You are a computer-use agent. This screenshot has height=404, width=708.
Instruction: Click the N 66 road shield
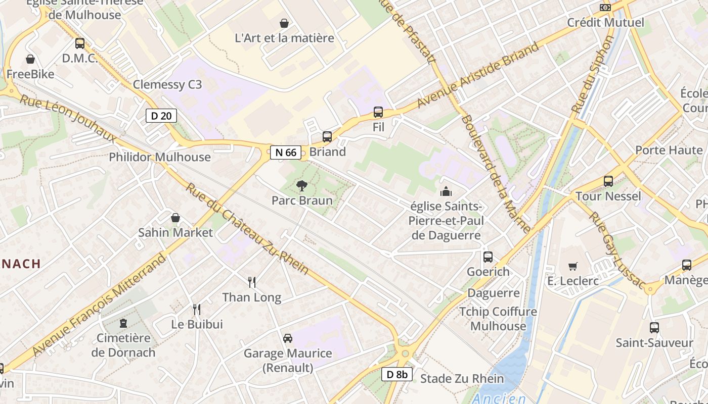pos(286,152)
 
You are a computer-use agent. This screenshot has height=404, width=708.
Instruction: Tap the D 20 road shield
pos(161,116)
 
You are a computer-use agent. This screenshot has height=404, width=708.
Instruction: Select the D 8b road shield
pos(397,374)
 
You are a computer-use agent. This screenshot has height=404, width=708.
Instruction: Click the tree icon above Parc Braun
pos(302,185)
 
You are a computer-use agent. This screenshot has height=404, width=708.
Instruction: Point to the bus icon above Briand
pos(327,136)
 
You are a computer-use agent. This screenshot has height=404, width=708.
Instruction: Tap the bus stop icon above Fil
pos(378,112)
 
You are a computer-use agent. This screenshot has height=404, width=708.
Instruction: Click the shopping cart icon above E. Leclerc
pos(573,266)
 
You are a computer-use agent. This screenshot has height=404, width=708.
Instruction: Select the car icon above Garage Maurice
pos(288,338)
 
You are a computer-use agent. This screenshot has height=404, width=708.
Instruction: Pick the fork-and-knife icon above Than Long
pos(252,282)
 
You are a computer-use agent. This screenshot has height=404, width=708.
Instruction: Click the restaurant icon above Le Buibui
pos(197,309)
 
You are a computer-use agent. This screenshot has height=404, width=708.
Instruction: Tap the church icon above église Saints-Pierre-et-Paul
pos(446,191)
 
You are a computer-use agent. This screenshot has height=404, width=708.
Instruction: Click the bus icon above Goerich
pos(488,257)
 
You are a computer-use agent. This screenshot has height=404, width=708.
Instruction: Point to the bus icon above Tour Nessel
pos(608,181)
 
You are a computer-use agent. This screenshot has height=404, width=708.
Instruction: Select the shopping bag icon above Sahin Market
pos(175,218)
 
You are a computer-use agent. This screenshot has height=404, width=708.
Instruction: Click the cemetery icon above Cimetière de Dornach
pos(123,323)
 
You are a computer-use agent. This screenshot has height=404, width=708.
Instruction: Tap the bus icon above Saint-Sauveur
pos(654,328)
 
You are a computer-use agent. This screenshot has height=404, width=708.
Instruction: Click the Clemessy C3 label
pos(167,84)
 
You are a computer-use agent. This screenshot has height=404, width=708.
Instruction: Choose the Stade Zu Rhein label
pos(462,378)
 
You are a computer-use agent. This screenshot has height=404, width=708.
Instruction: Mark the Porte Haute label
pos(669,150)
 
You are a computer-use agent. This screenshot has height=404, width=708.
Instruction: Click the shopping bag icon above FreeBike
pos(30,59)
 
